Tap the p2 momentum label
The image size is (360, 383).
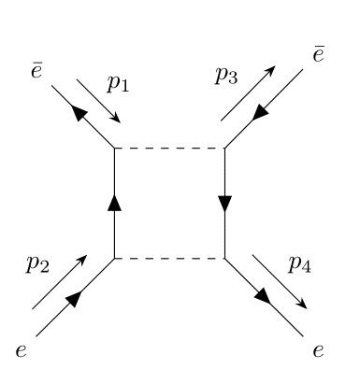point(36,264)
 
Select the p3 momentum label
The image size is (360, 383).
point(226,77)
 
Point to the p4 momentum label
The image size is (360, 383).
point(298,264)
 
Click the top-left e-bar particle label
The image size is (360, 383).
point(36,70)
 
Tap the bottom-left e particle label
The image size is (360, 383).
point(20,351)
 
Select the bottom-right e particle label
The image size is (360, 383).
point(319,351)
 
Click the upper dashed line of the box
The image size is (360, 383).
point(169,148)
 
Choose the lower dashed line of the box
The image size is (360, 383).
point(169,258)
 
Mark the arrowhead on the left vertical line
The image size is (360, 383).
point(114,202)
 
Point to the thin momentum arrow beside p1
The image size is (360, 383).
point(98,101)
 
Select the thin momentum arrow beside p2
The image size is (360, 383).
point(59,281)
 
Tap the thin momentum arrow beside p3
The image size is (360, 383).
point(248,93)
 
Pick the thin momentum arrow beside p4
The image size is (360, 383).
point(279,280)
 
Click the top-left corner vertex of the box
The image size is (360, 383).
point(114,148)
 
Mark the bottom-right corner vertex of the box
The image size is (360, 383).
point(224,258)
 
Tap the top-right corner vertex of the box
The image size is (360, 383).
point(224,148)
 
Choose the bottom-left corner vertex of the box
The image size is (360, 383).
point(114,258)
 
